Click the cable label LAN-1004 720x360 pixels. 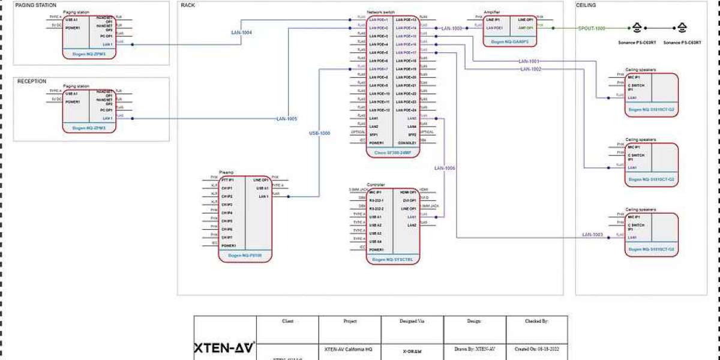click(241, 32)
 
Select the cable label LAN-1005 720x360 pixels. click(287, 119)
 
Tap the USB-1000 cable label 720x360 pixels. click(319, 133)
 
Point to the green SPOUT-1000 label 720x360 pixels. click(592, 28)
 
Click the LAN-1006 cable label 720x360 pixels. click(445, 168)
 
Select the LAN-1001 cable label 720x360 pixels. click(529, 62)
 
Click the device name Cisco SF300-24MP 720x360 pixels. click(393, 153)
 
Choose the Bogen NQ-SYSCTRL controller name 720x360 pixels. click(393, 259)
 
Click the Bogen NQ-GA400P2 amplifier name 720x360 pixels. click(509, 42)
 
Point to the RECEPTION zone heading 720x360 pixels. click(32, 82)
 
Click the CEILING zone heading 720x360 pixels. click(586, 5)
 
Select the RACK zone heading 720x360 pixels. click(187, 5)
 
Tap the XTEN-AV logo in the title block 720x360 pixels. click(224, 348)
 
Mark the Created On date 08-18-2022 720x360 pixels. click(536, 349)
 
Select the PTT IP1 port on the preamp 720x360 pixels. click(227, 179)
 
